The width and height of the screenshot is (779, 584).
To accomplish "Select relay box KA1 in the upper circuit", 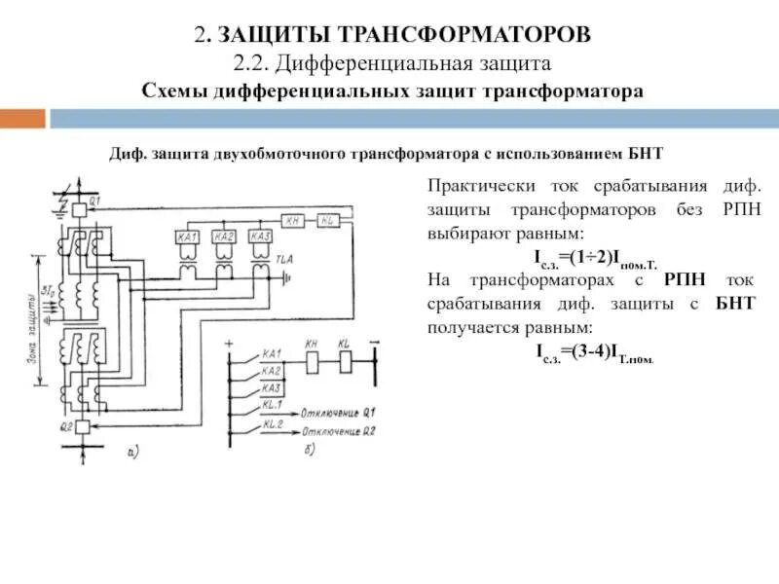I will [x=190, y=237].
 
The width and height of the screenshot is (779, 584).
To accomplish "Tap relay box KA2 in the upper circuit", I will [x=224, y=237].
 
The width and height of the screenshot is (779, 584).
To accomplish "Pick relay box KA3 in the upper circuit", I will [x=259, y=237].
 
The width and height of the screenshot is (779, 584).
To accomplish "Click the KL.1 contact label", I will [x=272, y=402].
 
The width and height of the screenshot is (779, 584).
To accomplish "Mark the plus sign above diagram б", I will [x=229, y=344].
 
